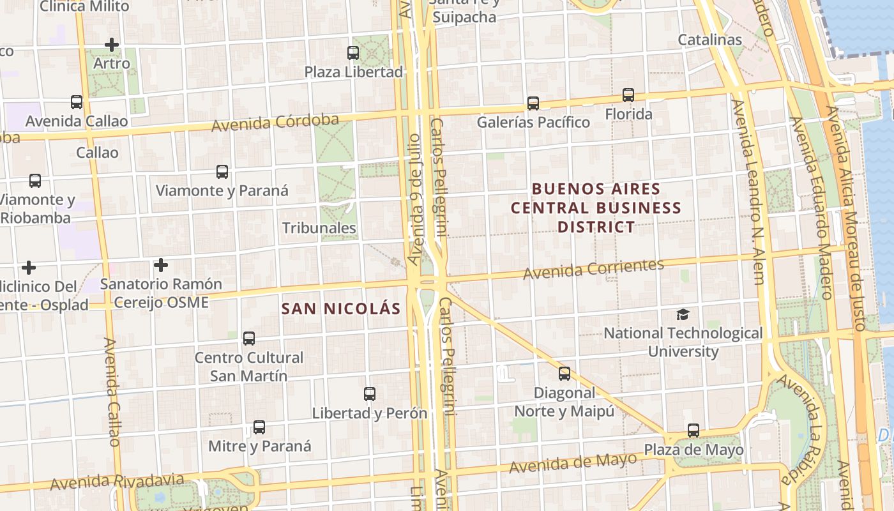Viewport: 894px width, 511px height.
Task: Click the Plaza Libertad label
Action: (354, 72)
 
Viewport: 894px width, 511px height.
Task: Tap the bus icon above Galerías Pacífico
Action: (533, 103)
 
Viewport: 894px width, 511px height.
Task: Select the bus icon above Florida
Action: (628, 95)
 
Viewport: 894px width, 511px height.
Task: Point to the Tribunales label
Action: (319, 228)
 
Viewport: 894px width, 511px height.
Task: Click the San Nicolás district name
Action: (341, 309)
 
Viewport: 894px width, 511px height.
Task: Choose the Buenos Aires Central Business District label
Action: (596, 208)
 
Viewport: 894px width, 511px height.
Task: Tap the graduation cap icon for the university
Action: (683, 314)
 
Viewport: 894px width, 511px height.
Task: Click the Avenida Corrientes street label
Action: (594, 269)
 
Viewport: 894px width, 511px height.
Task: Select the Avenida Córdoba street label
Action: (275, 122)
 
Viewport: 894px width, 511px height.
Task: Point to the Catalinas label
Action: (709, 40)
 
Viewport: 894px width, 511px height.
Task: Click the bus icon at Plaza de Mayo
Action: (693, 431)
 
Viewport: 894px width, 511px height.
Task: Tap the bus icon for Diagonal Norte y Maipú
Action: (564, 374)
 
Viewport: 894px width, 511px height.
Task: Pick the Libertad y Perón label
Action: (370, 413)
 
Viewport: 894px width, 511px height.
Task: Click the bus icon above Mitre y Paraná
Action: (259, 427)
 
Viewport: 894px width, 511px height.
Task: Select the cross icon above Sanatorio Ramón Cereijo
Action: (161, 264)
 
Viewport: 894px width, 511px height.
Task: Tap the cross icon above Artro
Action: (112, 45)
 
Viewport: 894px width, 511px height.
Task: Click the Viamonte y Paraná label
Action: (222, 190)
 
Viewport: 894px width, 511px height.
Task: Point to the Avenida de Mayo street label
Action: (573, 463)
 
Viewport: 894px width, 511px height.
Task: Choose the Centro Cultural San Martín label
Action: (249, 367)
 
